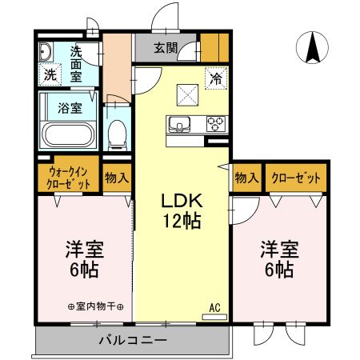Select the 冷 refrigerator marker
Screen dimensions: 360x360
(x=215, y=78)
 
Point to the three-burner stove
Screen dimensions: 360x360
(x=216, y=123)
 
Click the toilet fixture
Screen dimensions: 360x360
(x=117, y=134)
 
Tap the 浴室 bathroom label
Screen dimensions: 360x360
(x=69, y=107)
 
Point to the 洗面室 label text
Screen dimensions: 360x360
(x=77, y=64)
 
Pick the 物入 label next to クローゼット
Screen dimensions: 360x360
(x=246, y=178)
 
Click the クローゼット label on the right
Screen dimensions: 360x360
(x=297, y=178)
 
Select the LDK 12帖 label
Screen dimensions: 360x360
(x=182, y=210)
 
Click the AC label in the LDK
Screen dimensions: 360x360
(x=214, y=307)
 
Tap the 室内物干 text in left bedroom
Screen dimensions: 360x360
(x=96, y=306)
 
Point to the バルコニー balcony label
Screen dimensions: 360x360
(x=132, y=341)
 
